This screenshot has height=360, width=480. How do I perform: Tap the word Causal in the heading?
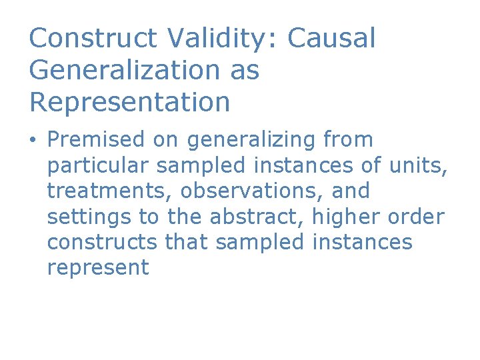point(331,38)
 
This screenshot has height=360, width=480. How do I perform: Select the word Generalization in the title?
point(123,70)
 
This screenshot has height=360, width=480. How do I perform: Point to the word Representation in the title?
point(129,102)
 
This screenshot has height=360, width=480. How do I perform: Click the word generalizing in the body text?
point(253,140)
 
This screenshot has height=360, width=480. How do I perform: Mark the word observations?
point(253,191)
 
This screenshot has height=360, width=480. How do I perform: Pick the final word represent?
point(98,268)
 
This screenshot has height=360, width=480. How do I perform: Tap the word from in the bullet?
point(348,140)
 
